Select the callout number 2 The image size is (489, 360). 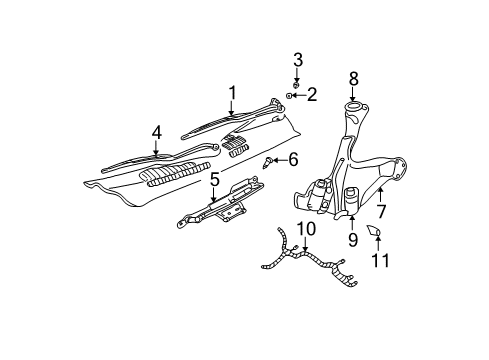[x=311, y=94]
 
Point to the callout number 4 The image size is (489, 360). [x=157, y=131]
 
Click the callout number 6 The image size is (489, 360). [x=293, y=159]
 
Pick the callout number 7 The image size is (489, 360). [x=381, y=211]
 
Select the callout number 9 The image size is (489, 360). [x=352, y=239]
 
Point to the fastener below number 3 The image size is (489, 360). [x=297, y=82]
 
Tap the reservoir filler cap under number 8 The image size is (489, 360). [x=353, y=107]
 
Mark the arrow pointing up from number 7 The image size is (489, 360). [x=381, y=193]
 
